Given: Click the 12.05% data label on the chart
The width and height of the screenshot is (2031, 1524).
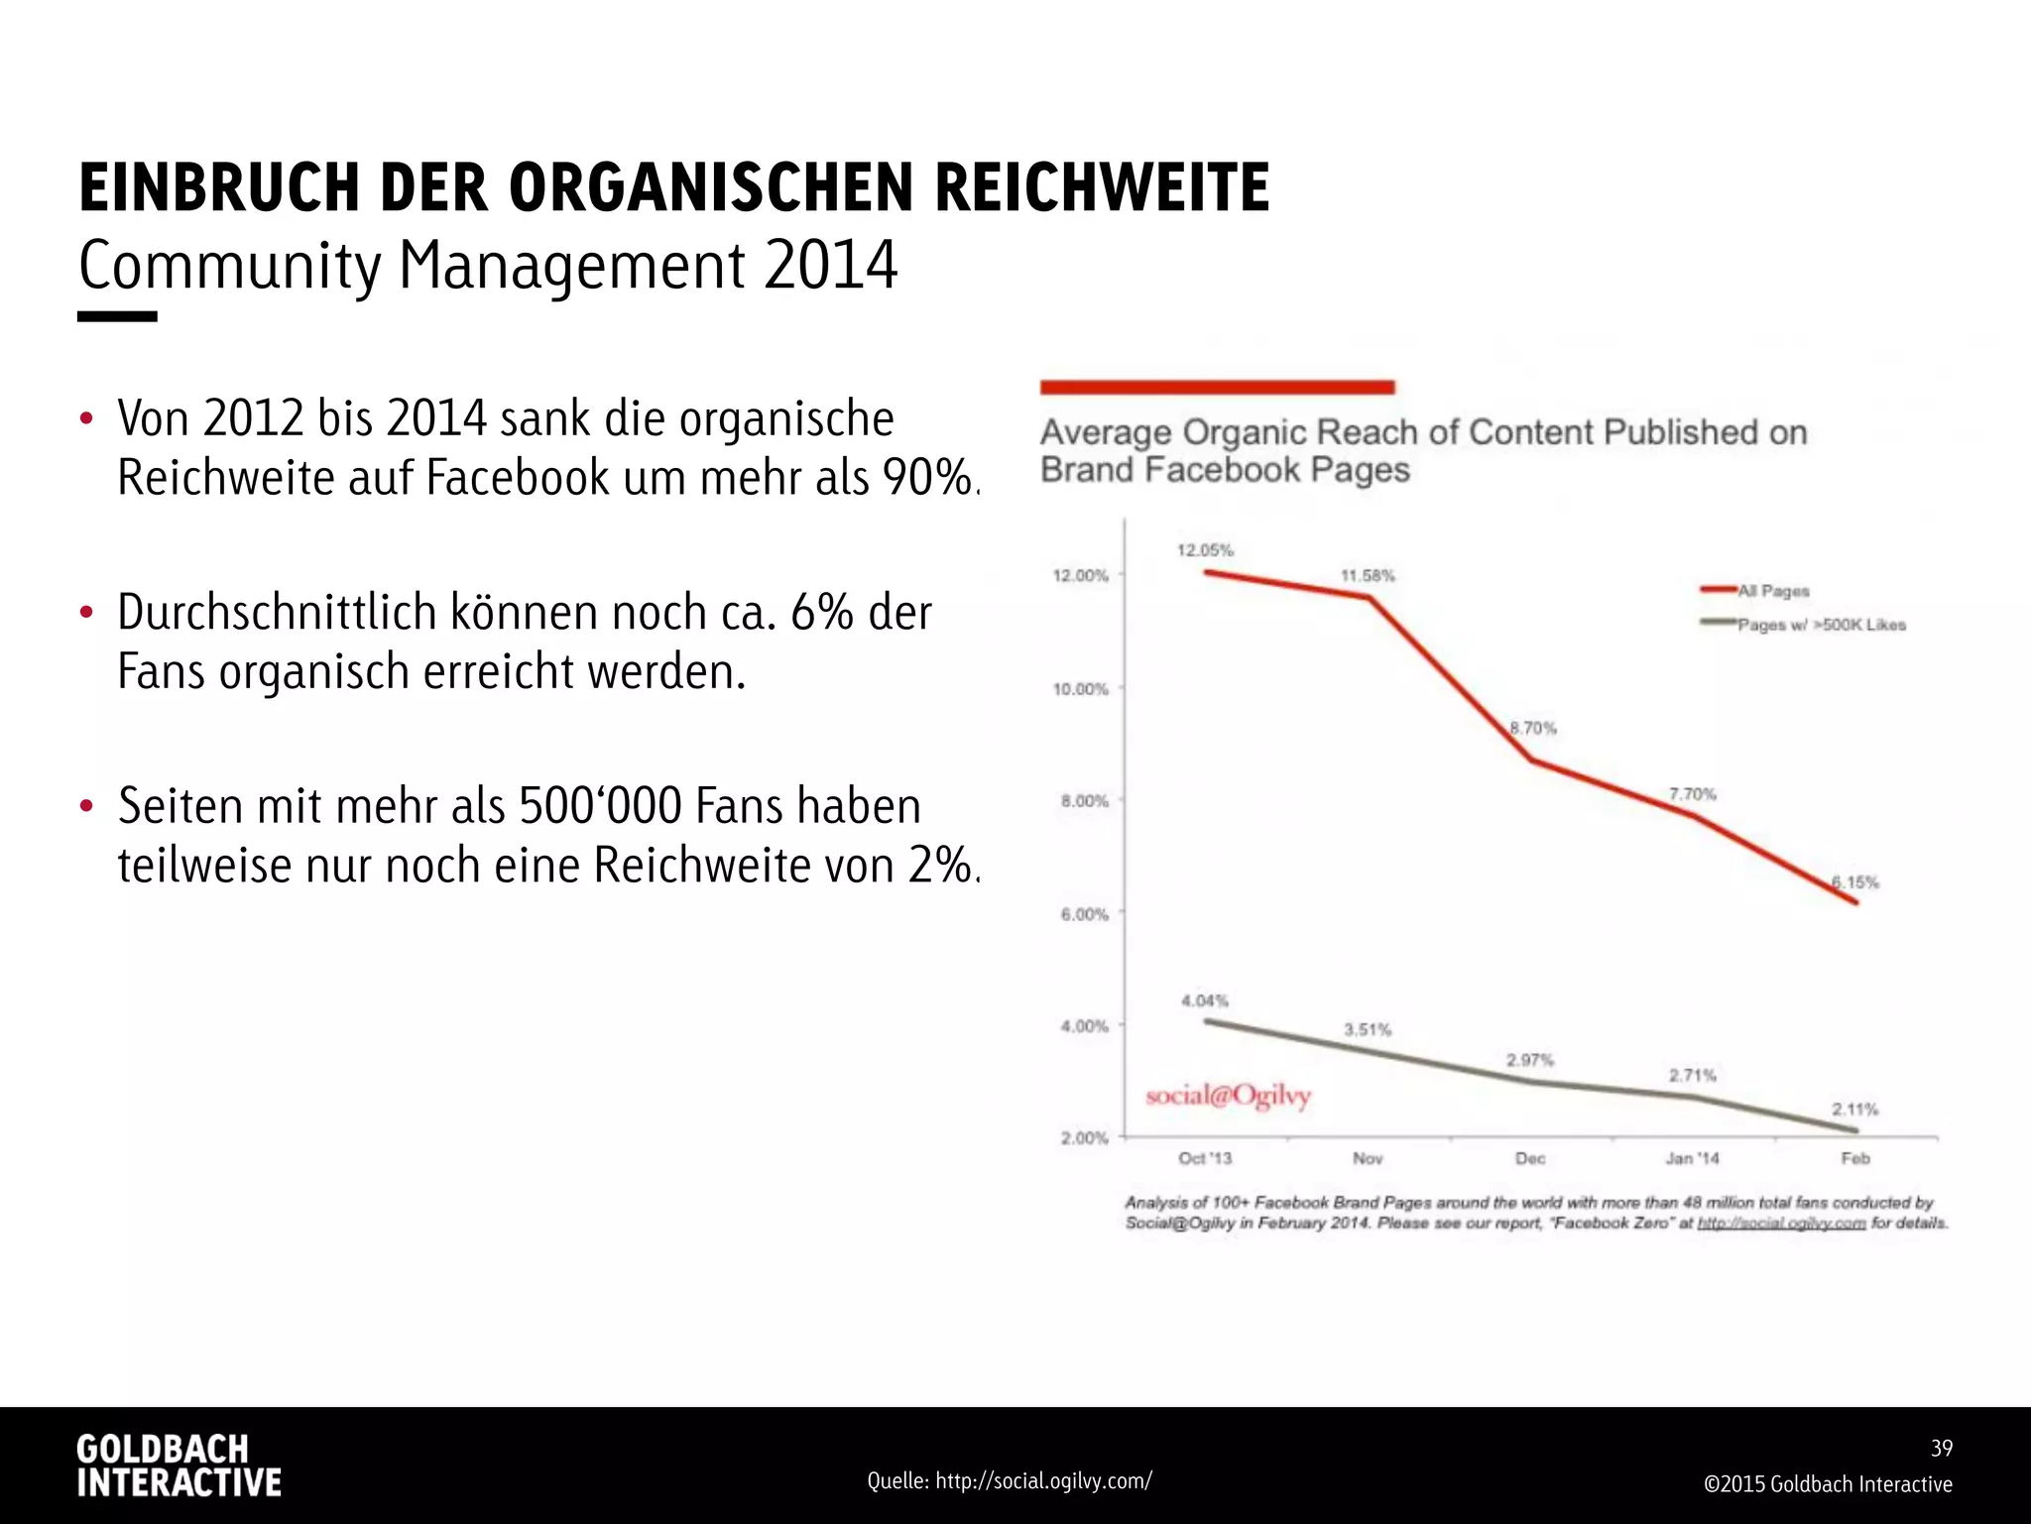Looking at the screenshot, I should [1205, 550].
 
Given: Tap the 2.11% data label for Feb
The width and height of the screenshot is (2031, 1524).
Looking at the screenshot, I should [1854, 1110].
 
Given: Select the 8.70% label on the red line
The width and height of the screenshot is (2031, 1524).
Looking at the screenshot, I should [1533, 729].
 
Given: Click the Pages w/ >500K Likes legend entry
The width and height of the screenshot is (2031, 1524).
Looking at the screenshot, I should [1821, 625].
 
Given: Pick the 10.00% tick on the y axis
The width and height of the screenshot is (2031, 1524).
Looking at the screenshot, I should [1080, 689].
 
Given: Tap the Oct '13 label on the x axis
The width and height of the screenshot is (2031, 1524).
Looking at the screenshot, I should [1204, 1158].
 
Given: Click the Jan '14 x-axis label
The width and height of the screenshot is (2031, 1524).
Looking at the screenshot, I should [1692, 1158].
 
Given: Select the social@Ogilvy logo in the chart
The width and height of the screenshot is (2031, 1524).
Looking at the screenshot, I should [1228, 1096].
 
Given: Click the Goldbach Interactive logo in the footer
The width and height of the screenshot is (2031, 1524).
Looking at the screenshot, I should [179, 1465].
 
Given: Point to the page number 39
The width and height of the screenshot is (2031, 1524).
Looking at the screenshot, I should [1942, 1449].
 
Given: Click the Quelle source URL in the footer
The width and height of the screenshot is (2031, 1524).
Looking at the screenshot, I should [1010, 1481].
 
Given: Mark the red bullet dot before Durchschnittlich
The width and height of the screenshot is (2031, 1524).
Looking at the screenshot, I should [86, 613].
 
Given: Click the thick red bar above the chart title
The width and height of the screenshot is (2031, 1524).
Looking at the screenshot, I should [1217, 388].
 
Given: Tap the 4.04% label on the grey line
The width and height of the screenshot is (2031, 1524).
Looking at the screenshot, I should [1204, 1001].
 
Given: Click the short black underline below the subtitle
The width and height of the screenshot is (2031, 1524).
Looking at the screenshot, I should [117, 316].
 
